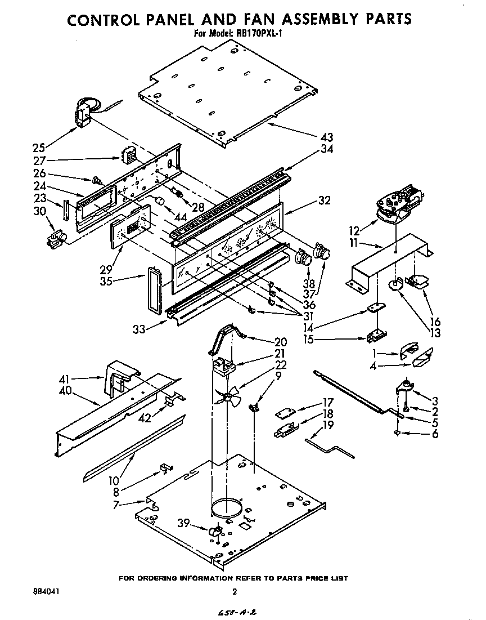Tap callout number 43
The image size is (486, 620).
point(326,137)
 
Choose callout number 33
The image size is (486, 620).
point(138,329)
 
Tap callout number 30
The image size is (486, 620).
point(38,212)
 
